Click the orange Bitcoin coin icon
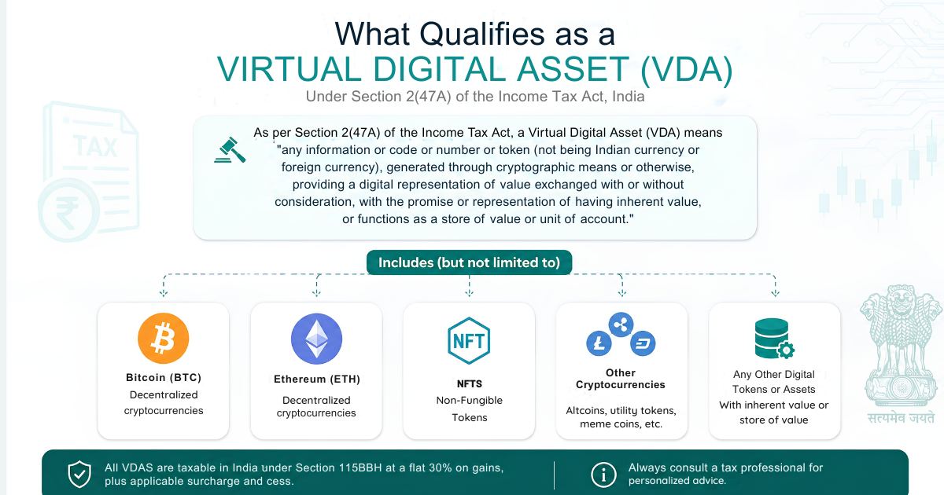point(164,339)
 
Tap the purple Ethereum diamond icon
point(316,339)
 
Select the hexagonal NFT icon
point(469,340)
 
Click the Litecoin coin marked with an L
point(599,343)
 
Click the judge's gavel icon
point(230,150)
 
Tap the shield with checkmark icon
point(79,474)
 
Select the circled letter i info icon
point(603,475)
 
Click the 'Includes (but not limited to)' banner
point(469,262)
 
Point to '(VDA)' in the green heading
point(687,69)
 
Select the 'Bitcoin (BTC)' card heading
point(164,378)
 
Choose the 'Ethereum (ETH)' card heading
point(317,379)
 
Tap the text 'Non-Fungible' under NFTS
point(470,400)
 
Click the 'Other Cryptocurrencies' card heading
point(621,379)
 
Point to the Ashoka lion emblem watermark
point(901,345)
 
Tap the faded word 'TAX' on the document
point(95,147)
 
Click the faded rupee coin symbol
point(68,210)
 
